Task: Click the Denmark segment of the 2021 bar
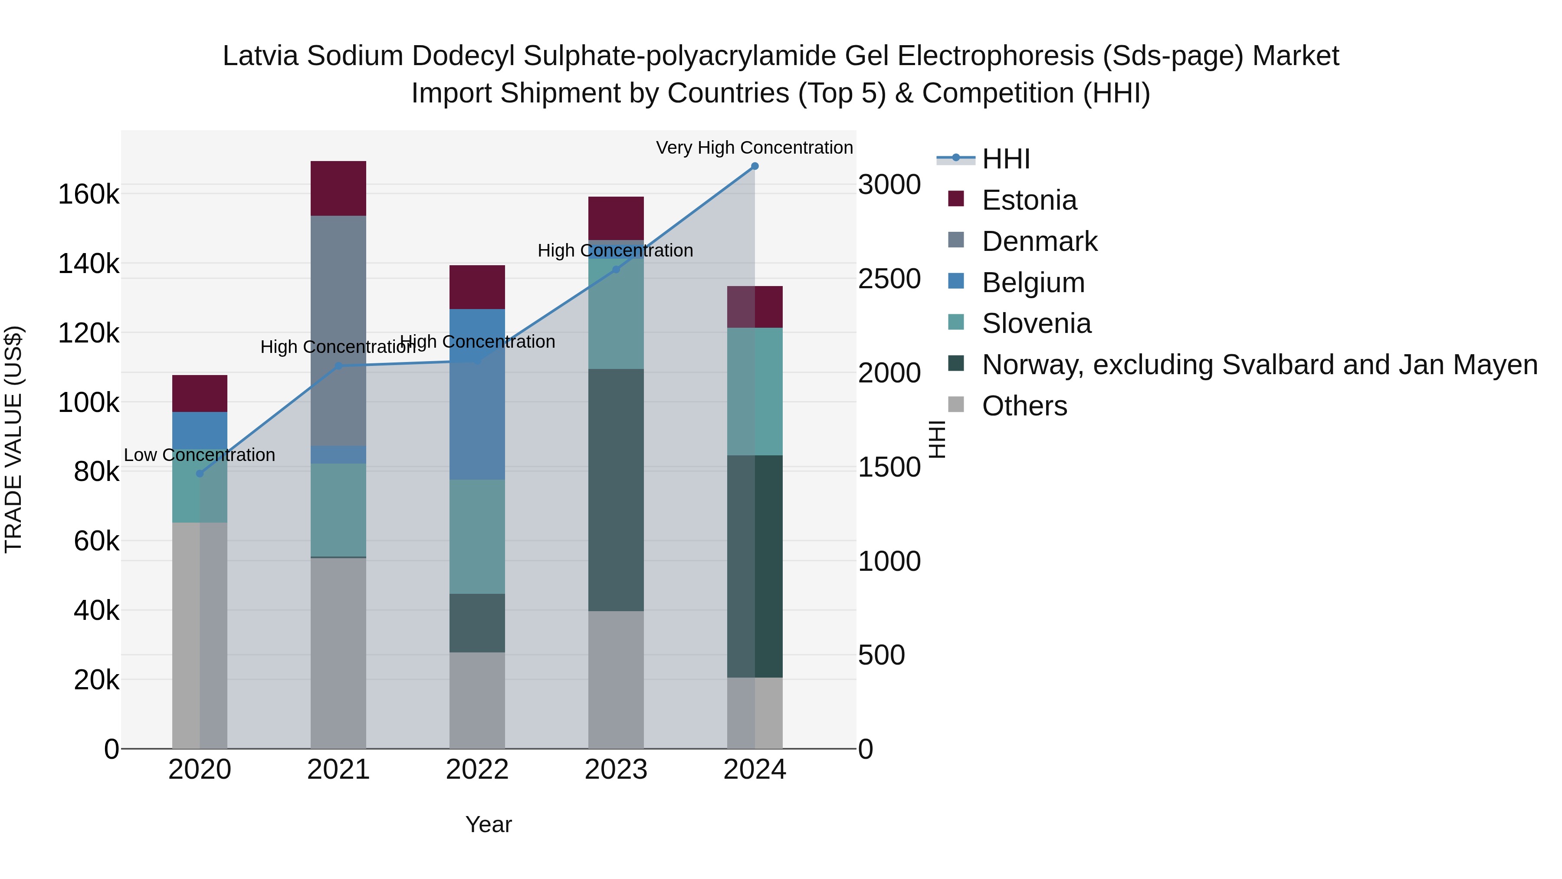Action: (x=338, y=331)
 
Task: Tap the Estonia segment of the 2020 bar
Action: (x=200, y=393)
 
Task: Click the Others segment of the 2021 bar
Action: (x=338, y=652)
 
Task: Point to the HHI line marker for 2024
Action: (x=755, y=166)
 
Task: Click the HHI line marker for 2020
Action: (x=200, y=474)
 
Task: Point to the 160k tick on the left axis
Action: (x=89, y=195)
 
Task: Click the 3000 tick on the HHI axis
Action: (x=889, y=184)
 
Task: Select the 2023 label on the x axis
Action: (x=615, y=770)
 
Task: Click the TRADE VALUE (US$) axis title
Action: (x=13, y=439)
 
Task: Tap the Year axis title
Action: (x=488, y=824)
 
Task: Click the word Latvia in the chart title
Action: (x=260, y=56)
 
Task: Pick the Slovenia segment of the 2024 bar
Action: (x=755, y=391)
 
